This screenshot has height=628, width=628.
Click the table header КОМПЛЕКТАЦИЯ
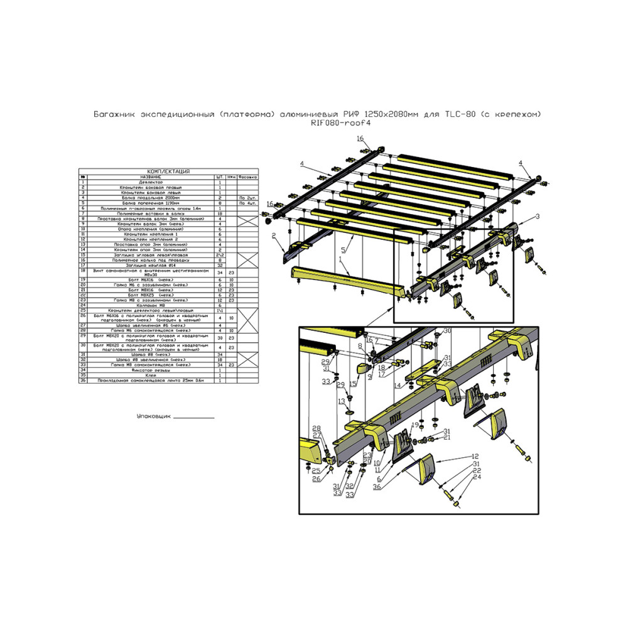[x=168, y=171]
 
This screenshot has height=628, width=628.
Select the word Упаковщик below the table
[x=153, y=416]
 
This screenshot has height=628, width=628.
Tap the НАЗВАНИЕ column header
[x=148, y=177]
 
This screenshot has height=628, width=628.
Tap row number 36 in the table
[x=82, y=381]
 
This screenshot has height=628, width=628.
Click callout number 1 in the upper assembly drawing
[x=340, y=259]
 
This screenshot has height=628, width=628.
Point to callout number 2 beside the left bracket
[x=275, y=236]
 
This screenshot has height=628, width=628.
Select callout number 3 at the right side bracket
[x=538, y=216]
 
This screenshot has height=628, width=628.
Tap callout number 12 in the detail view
[x=476, y=456]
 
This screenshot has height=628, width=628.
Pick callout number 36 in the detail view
[x=377, y=487]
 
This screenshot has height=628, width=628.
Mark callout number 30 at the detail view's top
[x=447, y=331]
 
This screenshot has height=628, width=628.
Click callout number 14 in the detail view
[x=398, y=385]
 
